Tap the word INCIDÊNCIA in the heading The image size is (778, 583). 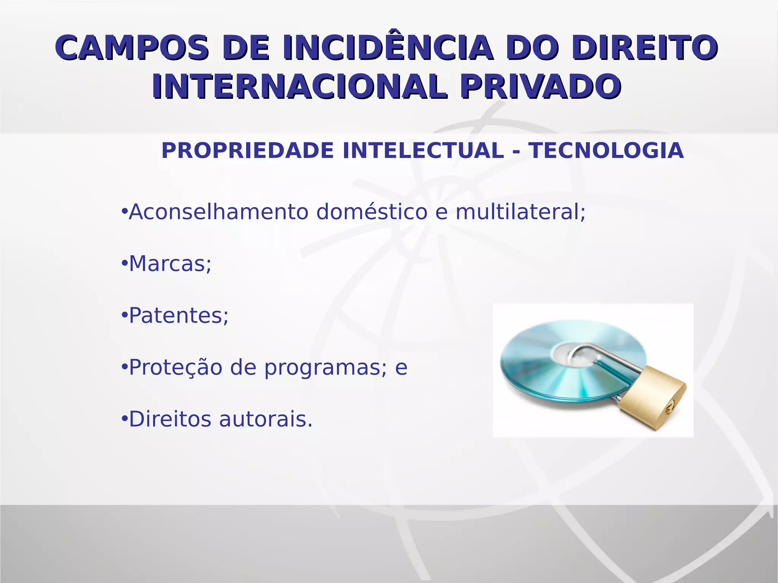[387, 48]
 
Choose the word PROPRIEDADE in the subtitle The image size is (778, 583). [247, 150]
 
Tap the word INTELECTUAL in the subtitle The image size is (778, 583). [423, 150]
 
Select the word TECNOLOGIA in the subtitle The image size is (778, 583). [606, 150]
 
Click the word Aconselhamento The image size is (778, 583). [218, 212]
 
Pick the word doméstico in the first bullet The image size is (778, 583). [372, 212]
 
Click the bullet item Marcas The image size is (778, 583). [169, 264]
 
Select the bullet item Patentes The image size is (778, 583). [178, 316]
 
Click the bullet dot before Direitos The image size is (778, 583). [124, 419]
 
